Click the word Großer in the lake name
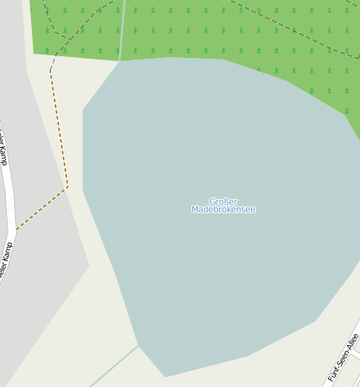[x=223, y=201]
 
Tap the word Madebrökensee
[x=223, y=210]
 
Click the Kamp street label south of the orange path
[x=7, y=260]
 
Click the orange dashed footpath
[x=59, y=126]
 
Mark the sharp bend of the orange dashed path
[x=67, y=187]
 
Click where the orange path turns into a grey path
[x=50, y=69]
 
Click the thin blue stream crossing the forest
[x=123, y=29]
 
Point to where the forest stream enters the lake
[x=120, y=60]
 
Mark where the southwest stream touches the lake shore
[x=138, y=345]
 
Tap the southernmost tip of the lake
[x=165, y=377]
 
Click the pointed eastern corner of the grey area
[x=89, y=266]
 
